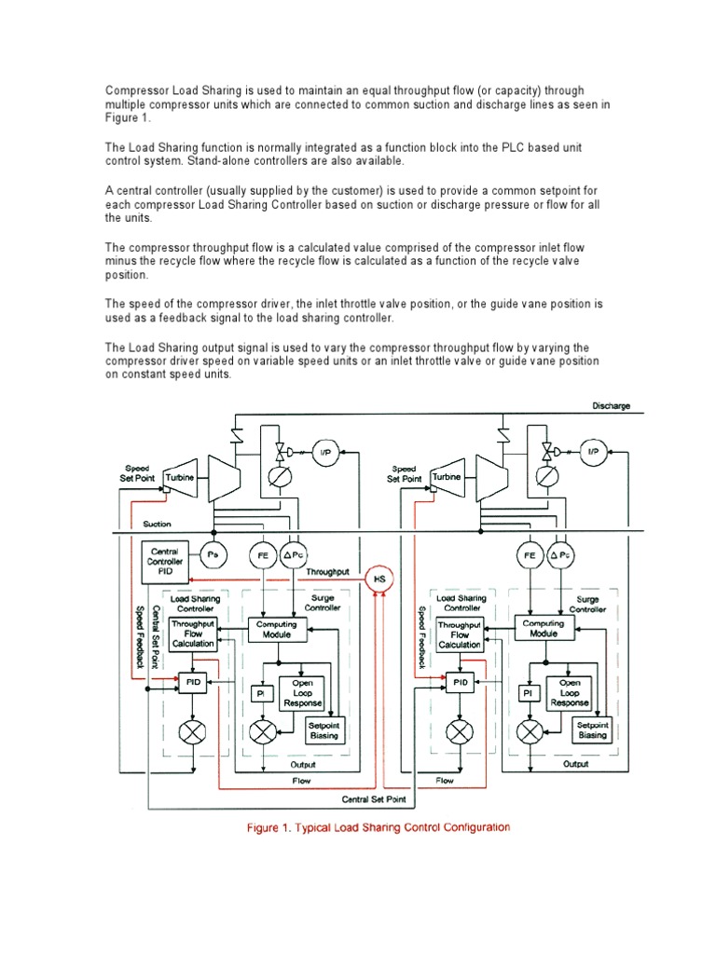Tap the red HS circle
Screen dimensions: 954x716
[379, 579]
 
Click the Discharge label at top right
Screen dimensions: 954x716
[612, 406]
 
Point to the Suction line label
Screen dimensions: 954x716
[157, 525]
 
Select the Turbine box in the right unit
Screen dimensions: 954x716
[447, 476]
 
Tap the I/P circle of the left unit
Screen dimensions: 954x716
[324, 454]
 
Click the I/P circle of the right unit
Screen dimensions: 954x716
[591, 454]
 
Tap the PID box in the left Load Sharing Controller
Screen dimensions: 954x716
[193, 683]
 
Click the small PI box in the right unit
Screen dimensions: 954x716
[527, 693]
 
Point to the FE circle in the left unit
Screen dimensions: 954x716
[263, 556]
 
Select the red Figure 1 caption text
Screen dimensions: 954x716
[378, 827]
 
